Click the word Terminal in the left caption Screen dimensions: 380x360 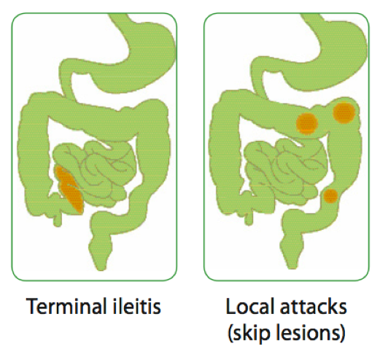coord(66,306)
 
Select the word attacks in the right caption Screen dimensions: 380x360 coord(314,307)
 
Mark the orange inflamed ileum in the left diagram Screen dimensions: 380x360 coord(69,188)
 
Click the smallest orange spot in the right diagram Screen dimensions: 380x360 coord(330,196)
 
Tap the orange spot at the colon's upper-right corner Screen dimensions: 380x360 coord(344,112)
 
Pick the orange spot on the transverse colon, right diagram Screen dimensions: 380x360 coord(307,123)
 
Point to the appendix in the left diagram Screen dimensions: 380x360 coord(58,218)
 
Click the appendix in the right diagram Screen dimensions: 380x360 coord(249,218)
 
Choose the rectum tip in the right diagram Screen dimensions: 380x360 coord(292,266)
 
